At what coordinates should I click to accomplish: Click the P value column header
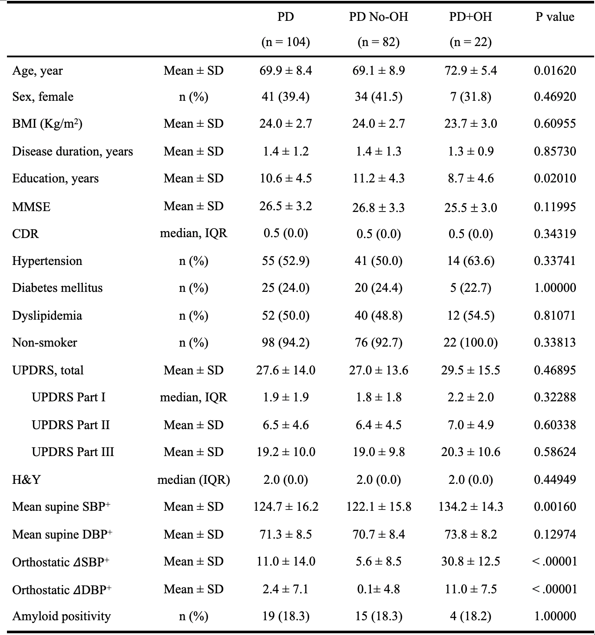pos(555,17)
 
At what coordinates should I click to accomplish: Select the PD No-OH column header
pos(379,17)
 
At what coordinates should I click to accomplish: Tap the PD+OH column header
pos(470,17)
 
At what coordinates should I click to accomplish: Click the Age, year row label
pos(37,71)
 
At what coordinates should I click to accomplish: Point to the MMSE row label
pos(31,207)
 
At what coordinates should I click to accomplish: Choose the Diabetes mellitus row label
pos(58,288)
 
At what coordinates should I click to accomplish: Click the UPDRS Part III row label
pos(73,452)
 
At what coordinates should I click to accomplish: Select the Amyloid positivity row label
pos(62,616)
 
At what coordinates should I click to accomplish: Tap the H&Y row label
pos(26,479)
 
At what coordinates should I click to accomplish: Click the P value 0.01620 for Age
pos(555,70)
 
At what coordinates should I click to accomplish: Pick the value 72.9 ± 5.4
pos(471,70)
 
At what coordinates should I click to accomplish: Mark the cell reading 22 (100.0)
pos(471,342)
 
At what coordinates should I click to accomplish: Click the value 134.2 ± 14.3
pos(471,506)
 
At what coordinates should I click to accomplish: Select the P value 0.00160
pos(555,506)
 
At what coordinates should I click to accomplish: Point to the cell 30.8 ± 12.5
pos(471,561)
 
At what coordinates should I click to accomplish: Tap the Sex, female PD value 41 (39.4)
pos(285,96)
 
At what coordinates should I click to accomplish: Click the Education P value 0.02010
pos(555,178)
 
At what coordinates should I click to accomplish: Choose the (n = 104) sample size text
pos(285,42)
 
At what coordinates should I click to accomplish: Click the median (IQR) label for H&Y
pos(194,480)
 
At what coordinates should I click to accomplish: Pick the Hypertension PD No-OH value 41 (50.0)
pos(379,261)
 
